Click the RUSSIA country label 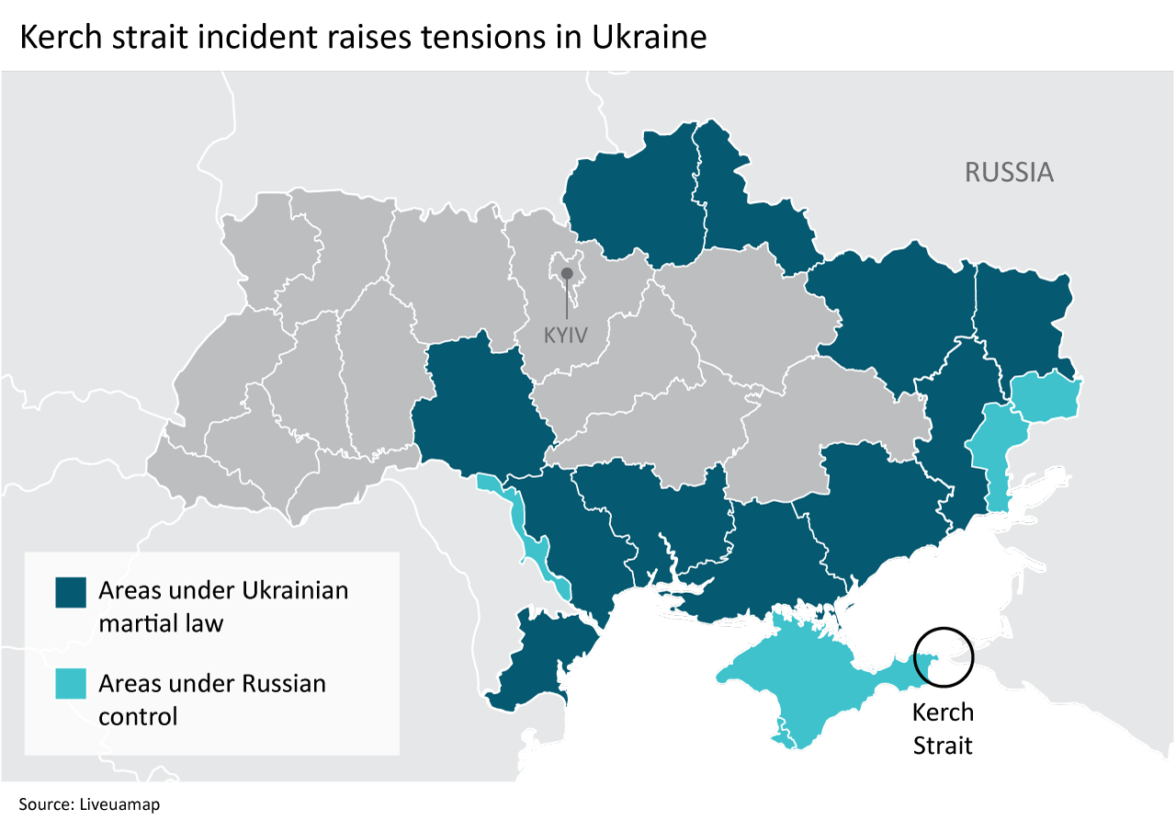pos(1008,172)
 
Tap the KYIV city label pos(565,335)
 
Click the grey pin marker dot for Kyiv pos(567,273)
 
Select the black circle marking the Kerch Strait pos(944,656)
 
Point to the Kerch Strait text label pos(943,728)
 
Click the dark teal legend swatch pos(71,593)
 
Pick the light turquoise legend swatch pos(71,685)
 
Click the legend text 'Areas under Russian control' pos(211,700)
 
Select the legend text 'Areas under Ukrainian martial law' pos(222,606)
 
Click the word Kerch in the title pos(57,38)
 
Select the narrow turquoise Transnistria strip pos(533,542)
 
